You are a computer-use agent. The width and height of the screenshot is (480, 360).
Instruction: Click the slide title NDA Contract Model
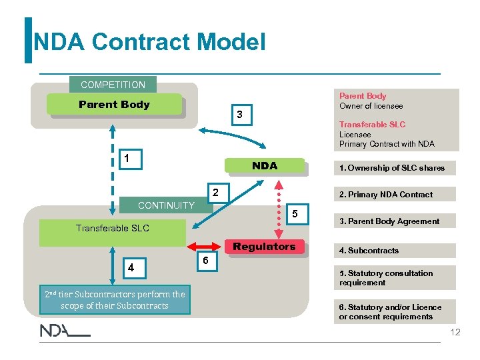149,43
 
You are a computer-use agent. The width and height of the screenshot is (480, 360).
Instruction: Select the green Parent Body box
114,105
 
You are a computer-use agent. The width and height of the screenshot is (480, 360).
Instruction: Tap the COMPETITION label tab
113,85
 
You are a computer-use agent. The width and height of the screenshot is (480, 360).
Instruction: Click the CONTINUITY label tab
166,205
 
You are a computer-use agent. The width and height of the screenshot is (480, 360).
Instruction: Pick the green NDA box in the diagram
264,166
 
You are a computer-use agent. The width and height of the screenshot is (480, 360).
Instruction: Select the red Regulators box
264,247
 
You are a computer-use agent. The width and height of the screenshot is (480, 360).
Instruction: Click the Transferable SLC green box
112,229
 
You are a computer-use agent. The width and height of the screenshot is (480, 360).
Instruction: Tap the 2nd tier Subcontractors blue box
114,300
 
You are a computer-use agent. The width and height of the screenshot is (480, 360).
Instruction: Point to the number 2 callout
215,193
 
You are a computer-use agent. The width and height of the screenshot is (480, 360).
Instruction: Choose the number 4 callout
131,268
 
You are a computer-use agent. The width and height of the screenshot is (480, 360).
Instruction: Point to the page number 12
455,332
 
